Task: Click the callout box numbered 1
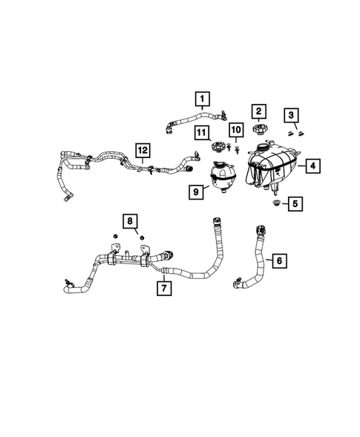202,99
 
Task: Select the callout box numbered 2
259,111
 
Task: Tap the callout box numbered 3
291,115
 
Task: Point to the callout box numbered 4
312,166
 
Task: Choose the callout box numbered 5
295,204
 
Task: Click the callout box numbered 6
279,260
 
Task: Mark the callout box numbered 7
164,288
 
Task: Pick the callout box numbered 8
130,221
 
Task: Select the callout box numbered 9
196,192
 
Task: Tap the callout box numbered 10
236,130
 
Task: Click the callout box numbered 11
202,132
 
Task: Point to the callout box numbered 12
143,151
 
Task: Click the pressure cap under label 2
258,130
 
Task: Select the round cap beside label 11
217,147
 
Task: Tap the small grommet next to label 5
276,203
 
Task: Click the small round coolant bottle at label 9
223,177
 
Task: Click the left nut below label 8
114,237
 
